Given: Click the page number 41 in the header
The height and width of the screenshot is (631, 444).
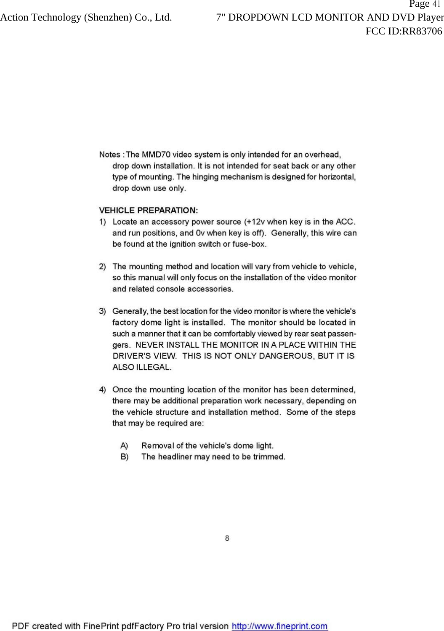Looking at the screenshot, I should [436, 5].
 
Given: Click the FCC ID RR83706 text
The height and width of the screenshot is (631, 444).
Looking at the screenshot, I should [404, 31].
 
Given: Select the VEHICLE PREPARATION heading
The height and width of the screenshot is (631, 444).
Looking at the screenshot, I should [149, 210].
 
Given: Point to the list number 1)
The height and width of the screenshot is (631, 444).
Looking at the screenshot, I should [102, 221].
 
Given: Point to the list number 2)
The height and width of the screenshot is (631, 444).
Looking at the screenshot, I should [102, 266].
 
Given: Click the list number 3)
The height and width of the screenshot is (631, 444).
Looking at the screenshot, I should [102, 311].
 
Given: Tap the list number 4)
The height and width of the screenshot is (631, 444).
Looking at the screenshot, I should [102, 390].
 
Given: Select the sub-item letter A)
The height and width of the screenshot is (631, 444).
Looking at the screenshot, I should [125, 446].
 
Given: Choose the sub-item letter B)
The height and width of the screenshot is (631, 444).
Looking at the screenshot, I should [125, 457].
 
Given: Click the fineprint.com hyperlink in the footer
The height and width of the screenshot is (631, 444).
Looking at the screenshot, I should [280, 626].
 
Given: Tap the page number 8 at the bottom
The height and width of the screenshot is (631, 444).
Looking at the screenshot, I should [227, 538].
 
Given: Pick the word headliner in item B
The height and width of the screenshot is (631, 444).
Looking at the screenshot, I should [175, 457].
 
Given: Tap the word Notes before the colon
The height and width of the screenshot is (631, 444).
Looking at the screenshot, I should [109, 155].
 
